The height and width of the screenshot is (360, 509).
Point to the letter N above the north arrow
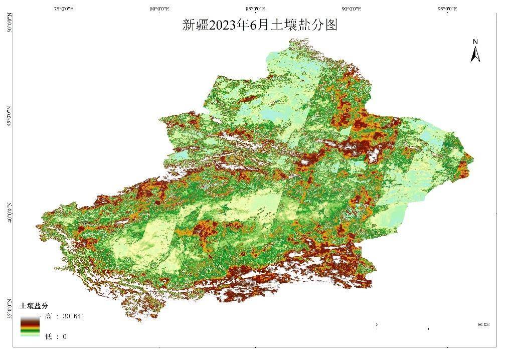pyautogui.click(x=475, y=42)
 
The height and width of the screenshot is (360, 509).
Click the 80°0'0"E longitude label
pyautogui.click(x=159, y=9)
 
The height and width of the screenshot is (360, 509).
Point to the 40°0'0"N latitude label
pyautogui.click(x=9, y=212)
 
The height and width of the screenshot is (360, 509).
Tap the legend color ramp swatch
pyautogui.click(x=30, y=326)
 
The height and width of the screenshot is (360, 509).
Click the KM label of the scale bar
pyautogui.click(x=483, y=325)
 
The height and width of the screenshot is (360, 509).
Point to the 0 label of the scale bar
pyautogui.click(x=376, y=325)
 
